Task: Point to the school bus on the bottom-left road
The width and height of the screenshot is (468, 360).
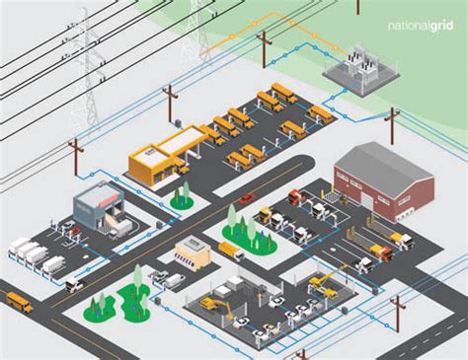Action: pos(17,301)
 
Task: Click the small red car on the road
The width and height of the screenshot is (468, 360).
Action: pos(246,197)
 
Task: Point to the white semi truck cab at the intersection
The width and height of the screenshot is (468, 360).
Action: pos(75,284)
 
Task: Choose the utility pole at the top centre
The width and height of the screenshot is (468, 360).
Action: pos(263,49)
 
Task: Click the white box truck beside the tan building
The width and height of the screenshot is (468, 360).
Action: pos(230,251)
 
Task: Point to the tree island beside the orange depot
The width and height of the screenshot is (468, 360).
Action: pos(181,198)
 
